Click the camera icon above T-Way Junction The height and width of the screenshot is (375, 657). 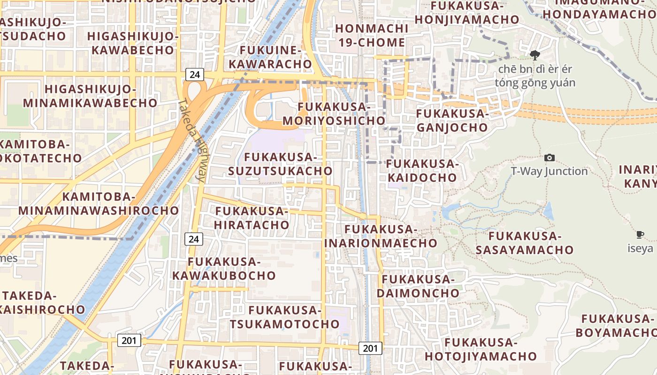(x=549, y=158)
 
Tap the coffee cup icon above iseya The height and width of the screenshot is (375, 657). (x=640, y=234)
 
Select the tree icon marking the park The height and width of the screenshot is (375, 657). (x=535, y=55)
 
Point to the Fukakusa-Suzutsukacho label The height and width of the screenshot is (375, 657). (x=280, y=164)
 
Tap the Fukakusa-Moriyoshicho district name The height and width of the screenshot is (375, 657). (x=334, y=113)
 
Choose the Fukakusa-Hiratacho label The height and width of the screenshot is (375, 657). (x=252, y=217)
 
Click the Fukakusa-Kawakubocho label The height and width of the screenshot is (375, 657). (x=224, y=268)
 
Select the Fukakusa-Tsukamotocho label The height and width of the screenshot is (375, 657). (x=284, y=317)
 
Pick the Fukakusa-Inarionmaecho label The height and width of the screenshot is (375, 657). (x=381, y=236)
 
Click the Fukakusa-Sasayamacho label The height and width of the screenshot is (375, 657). (x=525, y=242)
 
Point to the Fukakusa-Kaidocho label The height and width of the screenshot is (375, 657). (x=422, y=171)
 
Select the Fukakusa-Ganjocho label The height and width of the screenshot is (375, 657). (x=452, y=120)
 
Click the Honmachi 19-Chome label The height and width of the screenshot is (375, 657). (x=370, y=35)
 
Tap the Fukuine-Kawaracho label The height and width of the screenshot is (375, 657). (x=275, y=57)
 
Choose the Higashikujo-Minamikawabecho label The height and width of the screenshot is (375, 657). (x=90, y=96)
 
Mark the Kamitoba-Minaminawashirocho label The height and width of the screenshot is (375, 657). (x=99, y=203)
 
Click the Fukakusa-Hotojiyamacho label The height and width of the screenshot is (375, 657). (x=481, y=349)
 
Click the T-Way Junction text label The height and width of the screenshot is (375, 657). (x=549, y=171)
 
